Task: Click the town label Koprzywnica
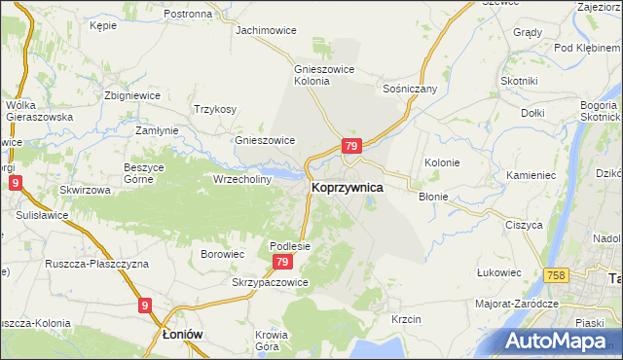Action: (x=347, y=187)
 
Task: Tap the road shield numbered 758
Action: (x=557, y=276)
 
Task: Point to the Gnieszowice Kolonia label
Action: (x=326, y=75)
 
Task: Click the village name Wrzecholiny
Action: (x=243, y=179)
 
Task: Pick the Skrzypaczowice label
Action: (x=270, y=282)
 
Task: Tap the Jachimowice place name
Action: (x=266, y=30)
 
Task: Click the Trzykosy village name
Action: (x=215, y=109)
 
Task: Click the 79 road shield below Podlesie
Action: (x=282, y=263)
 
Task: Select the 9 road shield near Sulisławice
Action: (x=15, y=182)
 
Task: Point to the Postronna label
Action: (x=188, y=14)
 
